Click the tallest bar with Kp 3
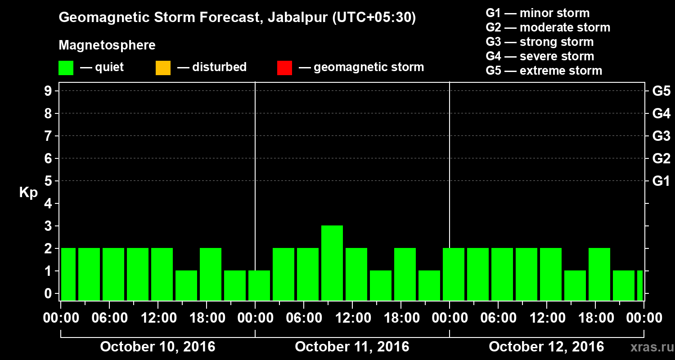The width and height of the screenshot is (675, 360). [332, 262]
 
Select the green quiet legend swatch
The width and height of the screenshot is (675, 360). [66, 68]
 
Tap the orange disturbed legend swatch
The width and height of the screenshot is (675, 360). [163, 68]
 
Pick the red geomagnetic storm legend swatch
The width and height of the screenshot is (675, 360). [284, 68]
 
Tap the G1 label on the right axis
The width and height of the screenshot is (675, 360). [661, 181]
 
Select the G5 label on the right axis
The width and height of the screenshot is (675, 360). [661, 91]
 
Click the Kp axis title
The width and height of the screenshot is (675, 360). [28, 193]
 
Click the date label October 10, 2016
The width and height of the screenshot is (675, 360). [157, 347]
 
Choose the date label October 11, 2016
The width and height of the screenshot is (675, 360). [352, 347]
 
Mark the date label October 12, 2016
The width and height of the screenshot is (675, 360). [546, 347]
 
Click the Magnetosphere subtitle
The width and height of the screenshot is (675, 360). [107, 45]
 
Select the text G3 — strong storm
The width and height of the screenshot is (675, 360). [540, 42]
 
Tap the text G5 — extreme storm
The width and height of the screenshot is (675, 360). [544, 71]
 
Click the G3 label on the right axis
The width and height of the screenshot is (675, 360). [661, 136]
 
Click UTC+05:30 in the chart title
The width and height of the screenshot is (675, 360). [373, 18]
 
